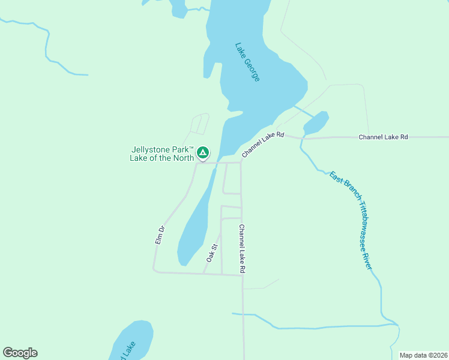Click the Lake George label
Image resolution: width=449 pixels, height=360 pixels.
pos(247,62)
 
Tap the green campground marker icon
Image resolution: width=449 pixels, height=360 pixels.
pos(203,152)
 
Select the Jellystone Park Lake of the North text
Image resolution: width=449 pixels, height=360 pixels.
pos(162,154)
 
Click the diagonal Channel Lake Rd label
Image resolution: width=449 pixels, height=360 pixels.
pos(262,145)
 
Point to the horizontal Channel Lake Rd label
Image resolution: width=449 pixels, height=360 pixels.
pos(383,137)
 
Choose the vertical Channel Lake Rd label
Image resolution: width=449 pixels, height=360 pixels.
pos(241,249)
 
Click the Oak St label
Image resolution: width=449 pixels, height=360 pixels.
pos(211,253)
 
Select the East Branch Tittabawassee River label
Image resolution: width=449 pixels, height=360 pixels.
pos(351,220)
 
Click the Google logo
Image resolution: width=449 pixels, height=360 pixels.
pos(20,353)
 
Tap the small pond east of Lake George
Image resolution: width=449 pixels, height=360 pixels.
pos(316,123)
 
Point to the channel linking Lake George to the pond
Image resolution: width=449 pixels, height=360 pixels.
pos(303,111)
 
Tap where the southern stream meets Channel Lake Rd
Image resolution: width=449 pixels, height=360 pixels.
pos(243,314)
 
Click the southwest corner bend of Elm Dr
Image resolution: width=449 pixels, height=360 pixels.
pos(154,271)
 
